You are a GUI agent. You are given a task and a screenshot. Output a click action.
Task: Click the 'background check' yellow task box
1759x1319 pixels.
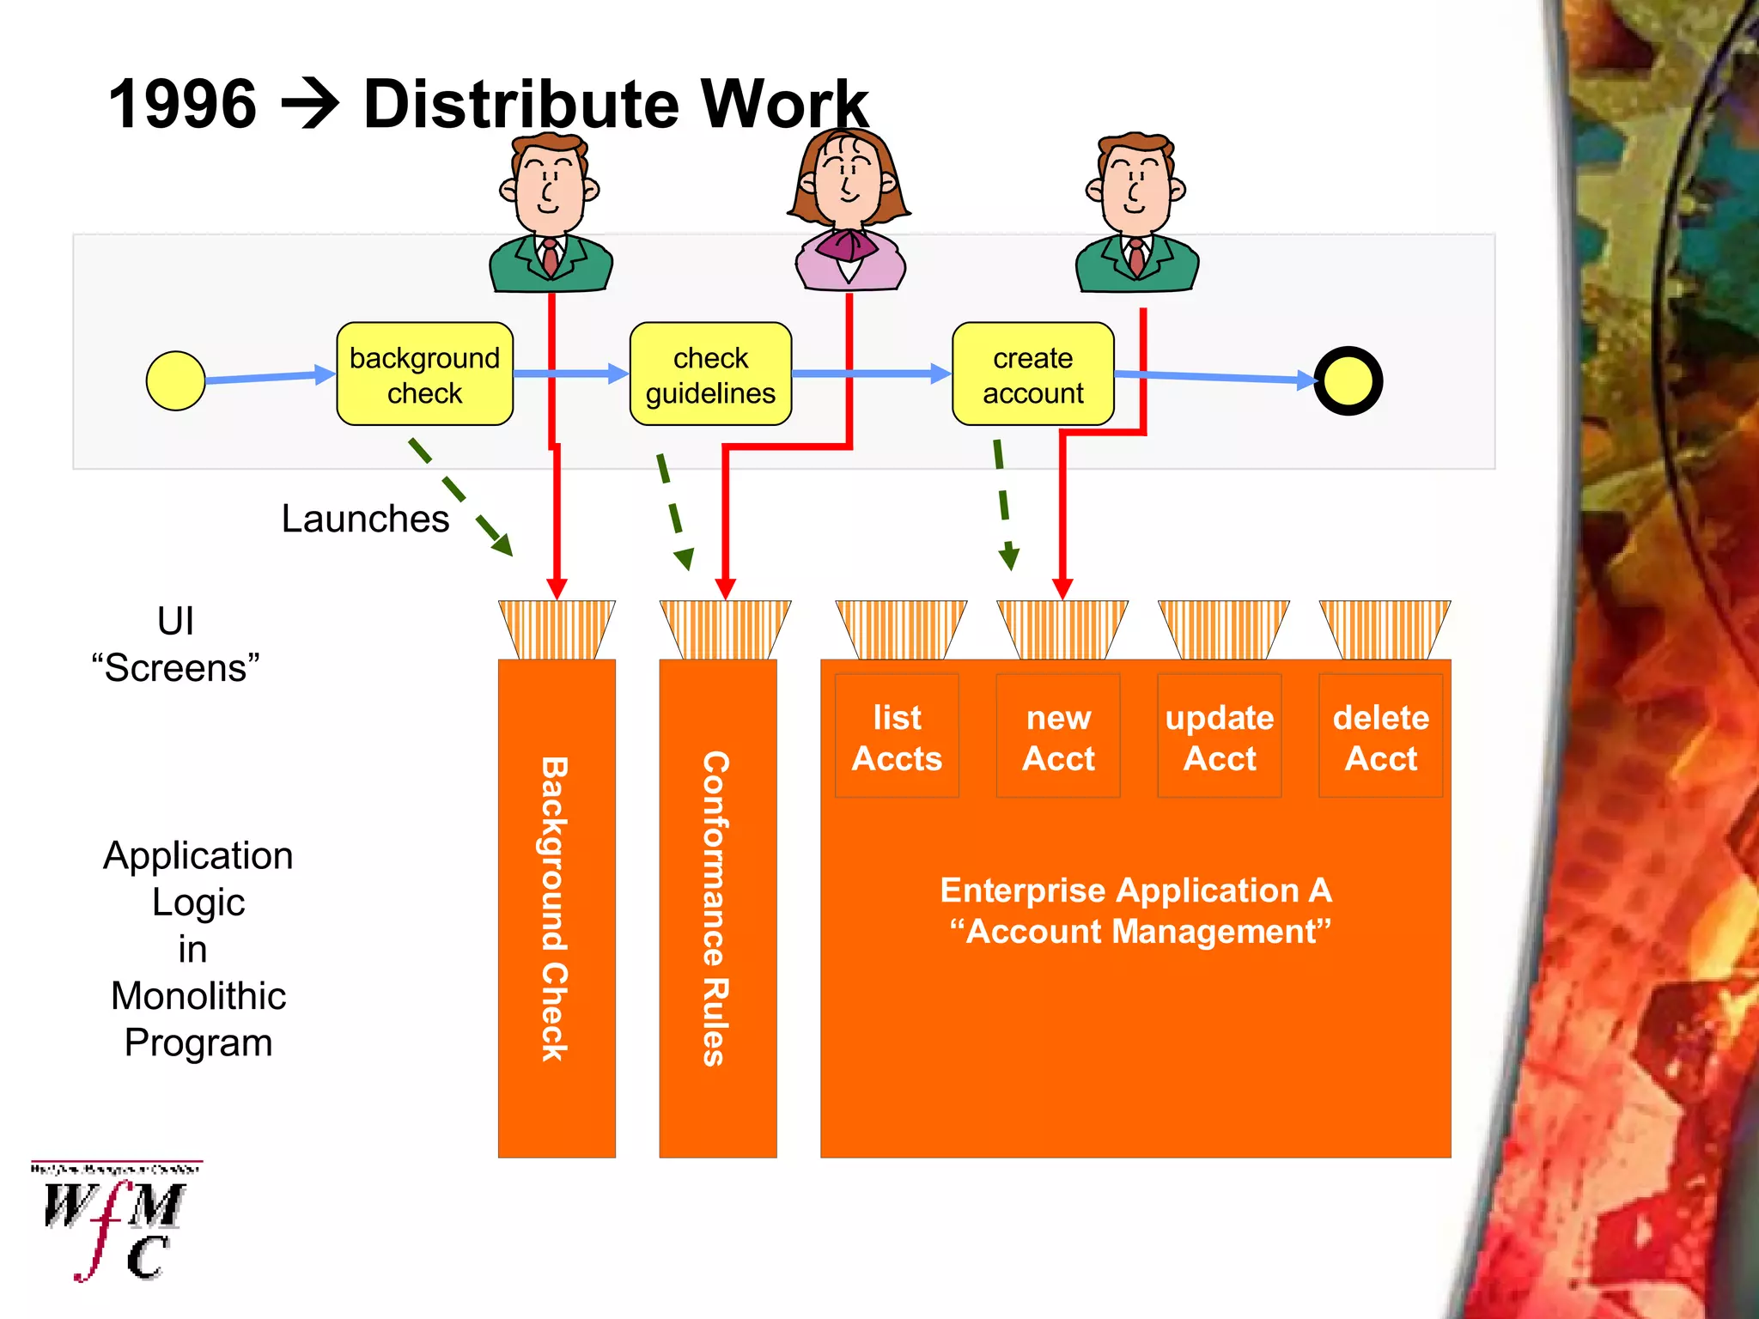424,374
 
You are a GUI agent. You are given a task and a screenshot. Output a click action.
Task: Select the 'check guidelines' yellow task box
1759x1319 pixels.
710,374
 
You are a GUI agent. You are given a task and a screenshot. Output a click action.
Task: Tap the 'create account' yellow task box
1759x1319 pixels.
1032,374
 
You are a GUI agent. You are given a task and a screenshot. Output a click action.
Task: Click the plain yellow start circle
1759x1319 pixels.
175,380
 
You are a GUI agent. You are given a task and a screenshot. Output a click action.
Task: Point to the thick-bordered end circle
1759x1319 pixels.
1348,381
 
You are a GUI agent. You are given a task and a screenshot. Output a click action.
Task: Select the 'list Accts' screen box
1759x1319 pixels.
897,737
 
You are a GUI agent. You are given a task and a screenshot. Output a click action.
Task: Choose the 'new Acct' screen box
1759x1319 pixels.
1058,737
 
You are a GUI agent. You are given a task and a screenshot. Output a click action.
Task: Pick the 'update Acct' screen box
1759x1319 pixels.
1220,737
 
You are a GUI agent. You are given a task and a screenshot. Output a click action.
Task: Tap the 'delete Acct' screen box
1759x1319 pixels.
1380,737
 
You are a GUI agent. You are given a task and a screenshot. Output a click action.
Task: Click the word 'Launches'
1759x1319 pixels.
365,519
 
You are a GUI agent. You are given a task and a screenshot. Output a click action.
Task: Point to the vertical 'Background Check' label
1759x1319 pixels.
555,909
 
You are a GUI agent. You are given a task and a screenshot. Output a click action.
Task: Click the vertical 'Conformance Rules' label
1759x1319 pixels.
715,909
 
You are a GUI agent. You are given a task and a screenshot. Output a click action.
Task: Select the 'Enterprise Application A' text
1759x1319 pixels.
1135,890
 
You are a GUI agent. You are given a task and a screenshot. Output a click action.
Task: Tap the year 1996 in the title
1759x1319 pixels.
182,104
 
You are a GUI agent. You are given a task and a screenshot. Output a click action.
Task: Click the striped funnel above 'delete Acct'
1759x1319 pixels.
1385,629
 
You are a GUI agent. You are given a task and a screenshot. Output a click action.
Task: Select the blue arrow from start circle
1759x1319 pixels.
269,377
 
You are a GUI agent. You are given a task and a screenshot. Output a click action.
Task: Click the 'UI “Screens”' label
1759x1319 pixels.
175,644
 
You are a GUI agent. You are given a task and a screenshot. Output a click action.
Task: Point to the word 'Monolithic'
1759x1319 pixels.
198,996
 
